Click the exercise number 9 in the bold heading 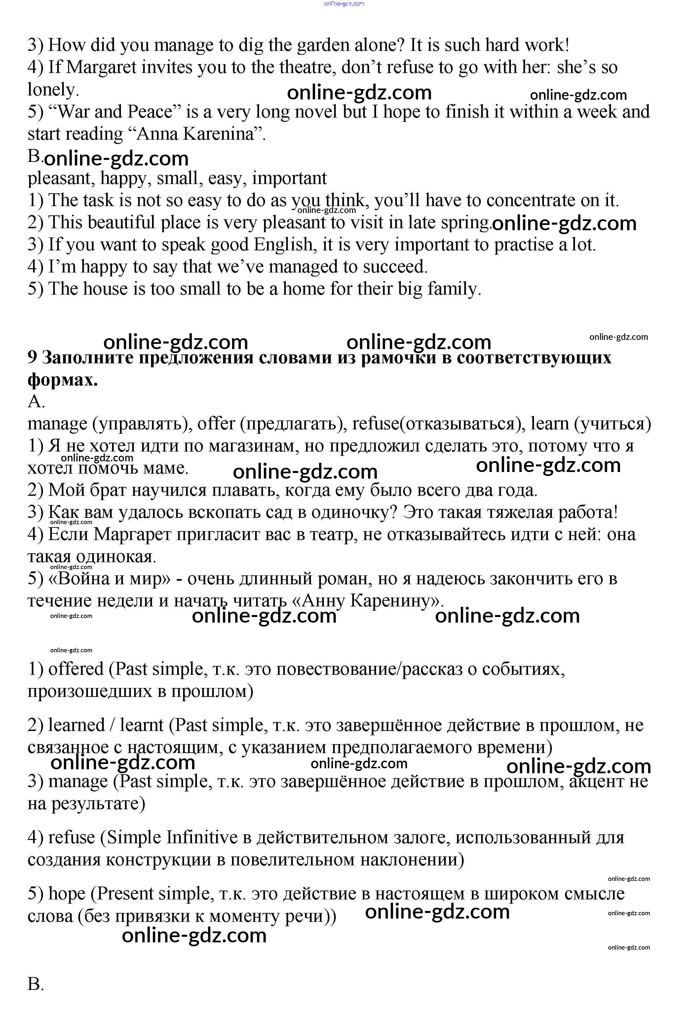32,358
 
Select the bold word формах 62,380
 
